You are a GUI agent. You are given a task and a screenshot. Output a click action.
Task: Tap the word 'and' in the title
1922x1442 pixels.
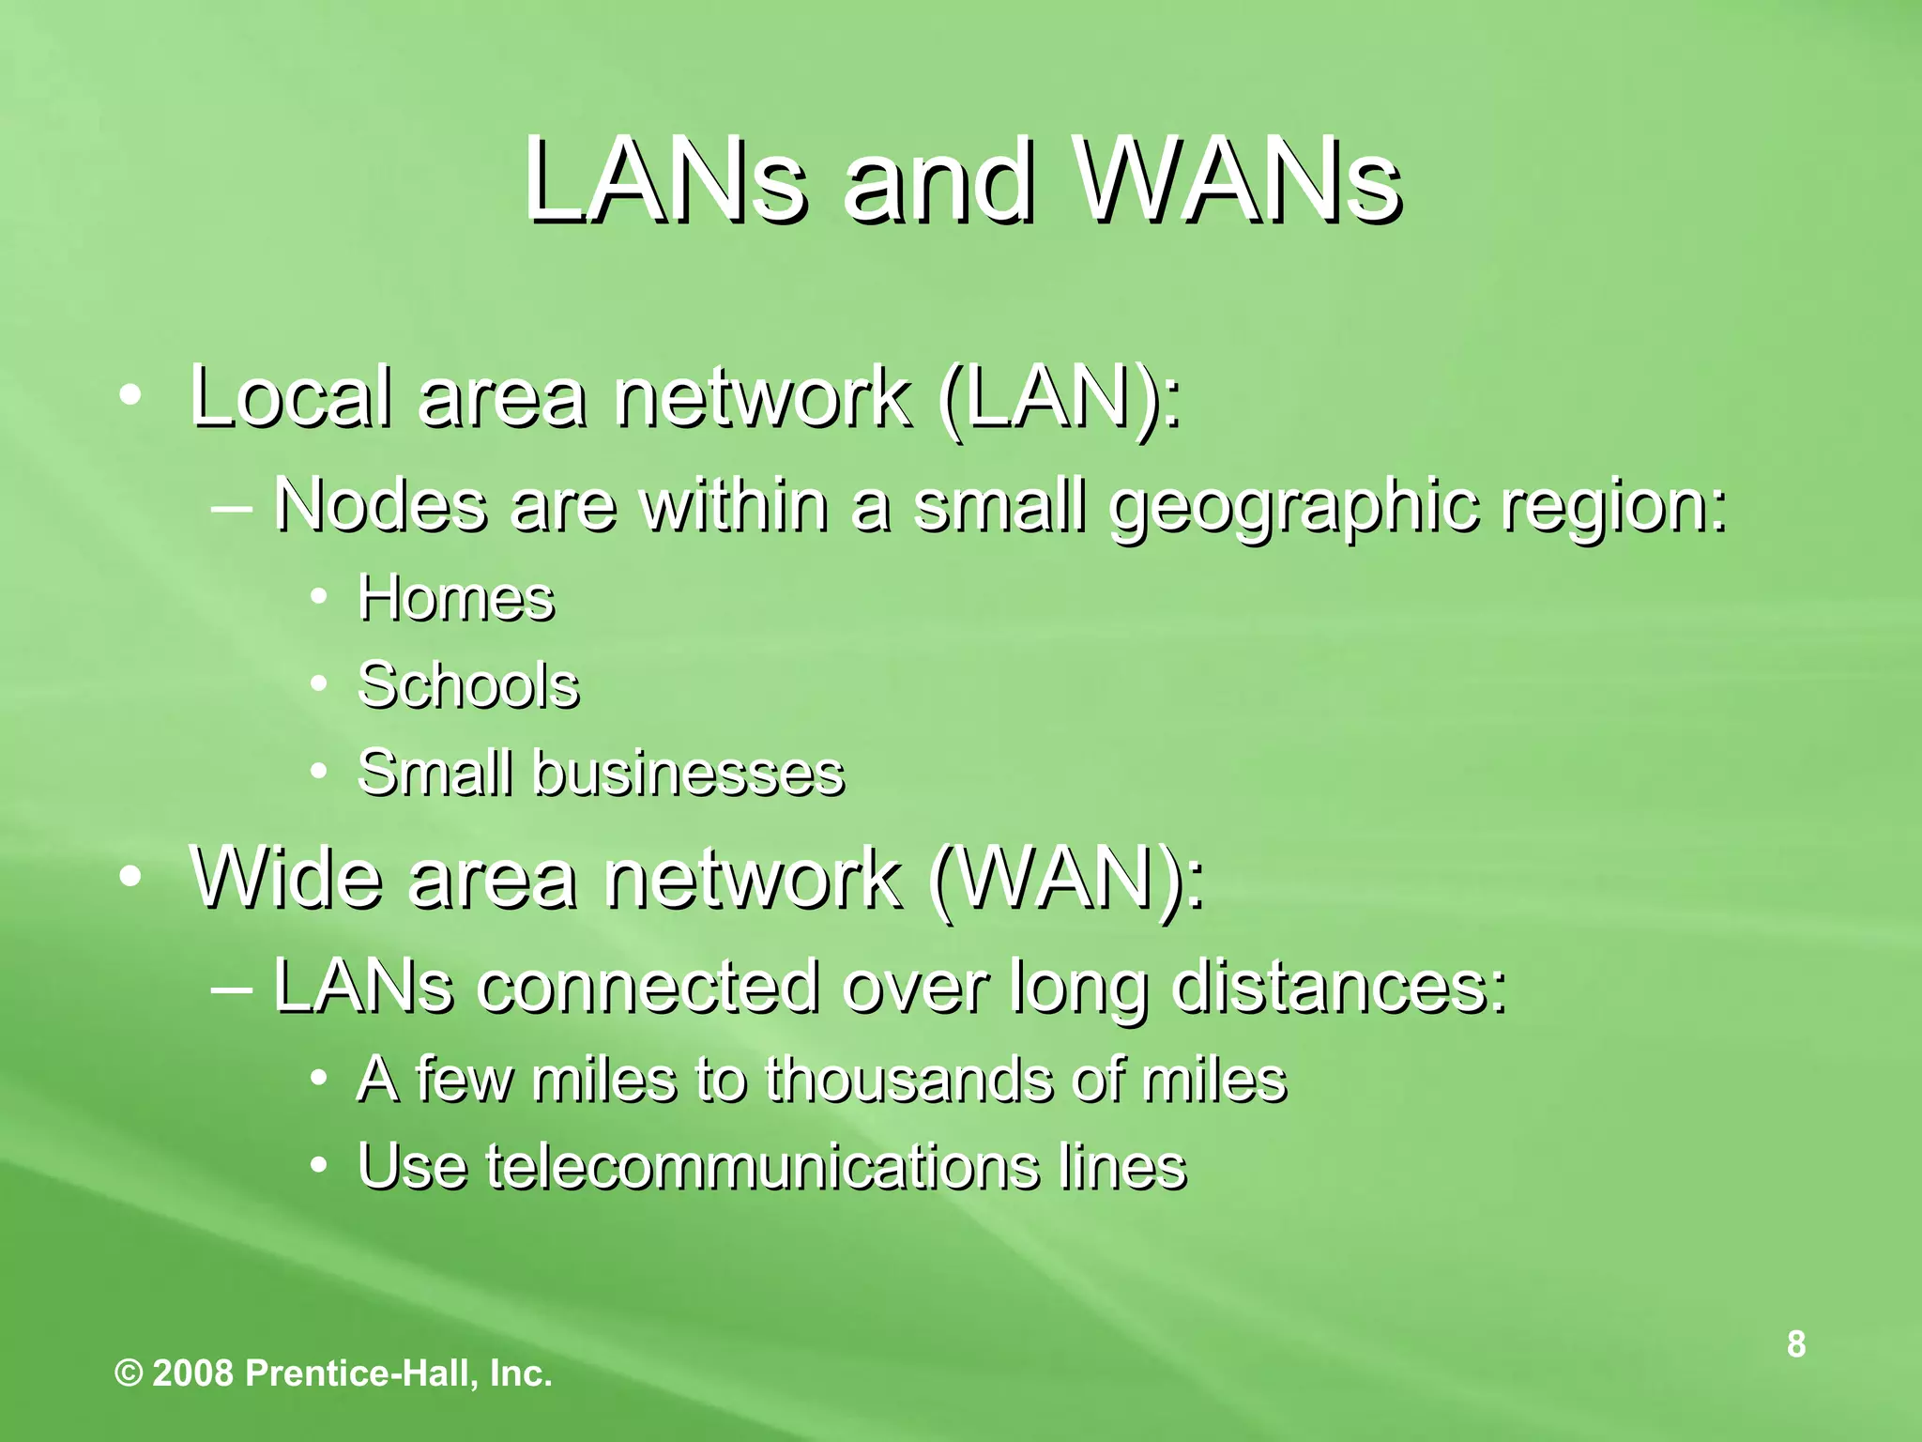point(938,180)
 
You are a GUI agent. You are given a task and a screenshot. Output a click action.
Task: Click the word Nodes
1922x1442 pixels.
point(380,505)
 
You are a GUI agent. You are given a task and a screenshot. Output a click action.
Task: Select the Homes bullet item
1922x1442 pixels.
point(456,598)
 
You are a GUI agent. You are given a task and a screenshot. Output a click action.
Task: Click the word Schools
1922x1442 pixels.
point(468,684)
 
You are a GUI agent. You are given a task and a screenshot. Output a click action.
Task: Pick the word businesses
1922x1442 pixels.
point(689,774)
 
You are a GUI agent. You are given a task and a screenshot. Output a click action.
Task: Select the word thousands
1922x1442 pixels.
point(909,1079)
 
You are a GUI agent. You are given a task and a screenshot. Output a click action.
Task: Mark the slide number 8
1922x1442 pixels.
point(1795,1344)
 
